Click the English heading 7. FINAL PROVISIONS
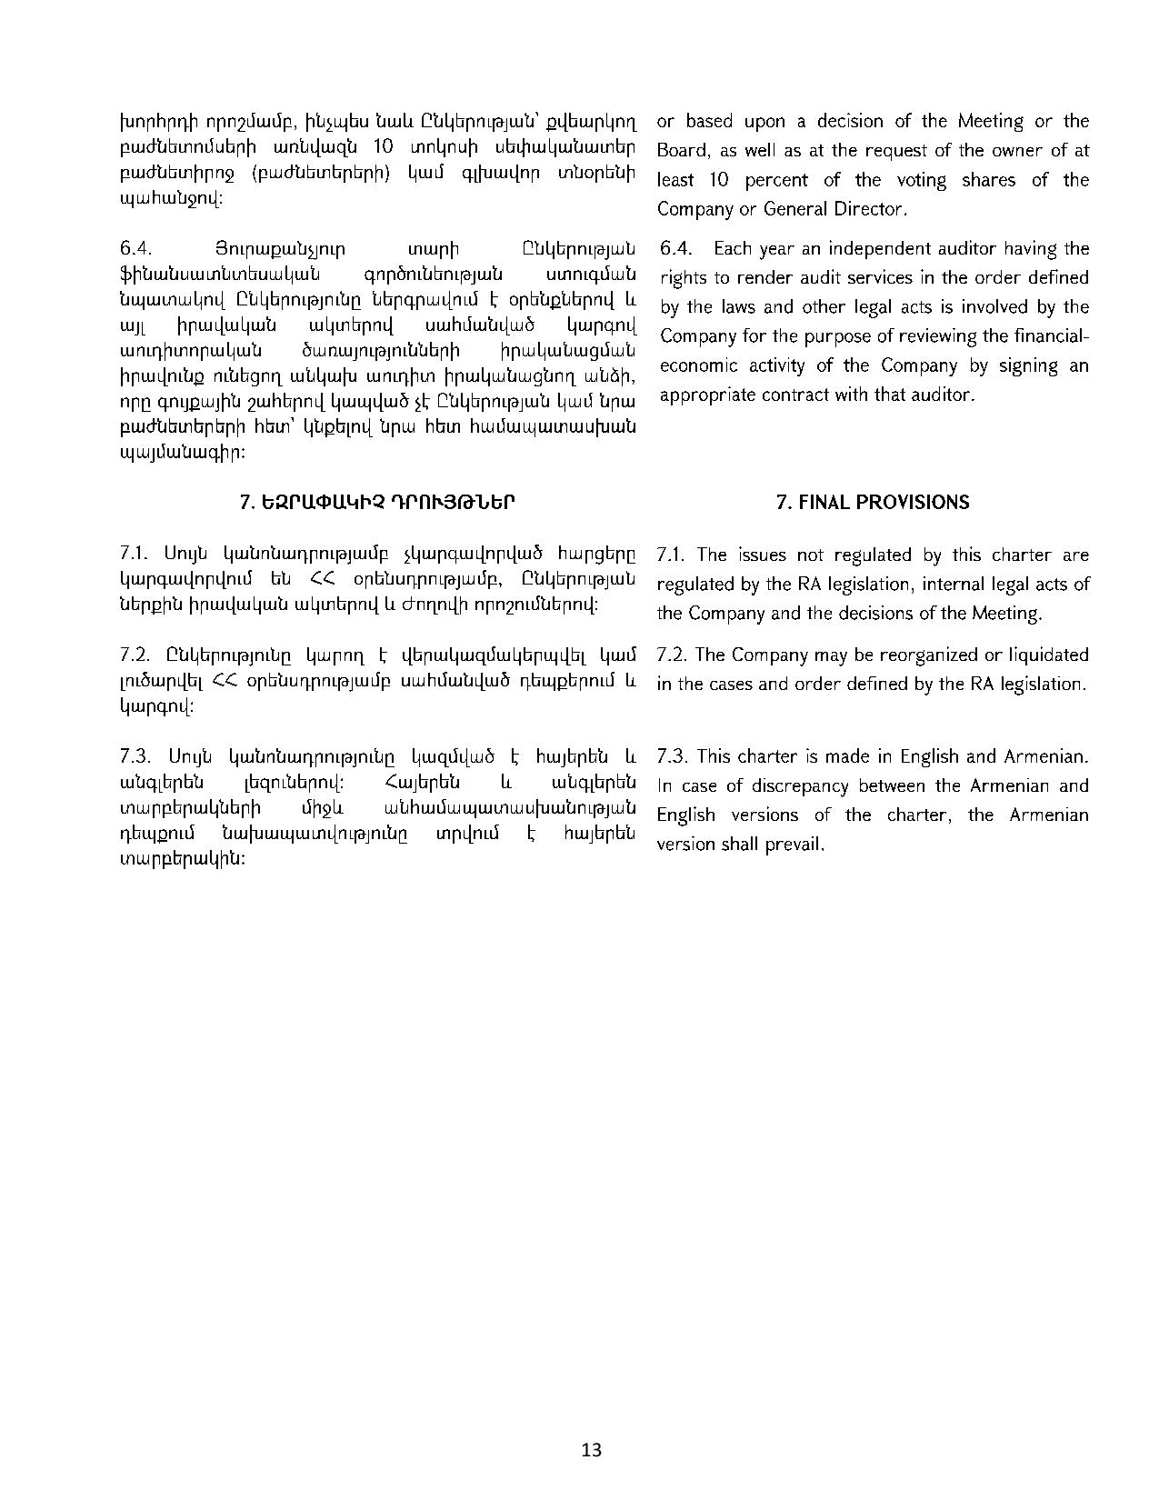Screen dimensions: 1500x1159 (x=873, y=503)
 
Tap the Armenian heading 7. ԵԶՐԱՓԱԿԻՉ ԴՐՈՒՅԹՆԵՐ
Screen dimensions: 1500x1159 (x=377, y=503)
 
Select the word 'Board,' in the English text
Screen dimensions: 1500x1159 (x=682, y=151)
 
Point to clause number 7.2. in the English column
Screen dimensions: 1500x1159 (x=673, y=655)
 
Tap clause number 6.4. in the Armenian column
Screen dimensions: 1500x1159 (x=134, y=249)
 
